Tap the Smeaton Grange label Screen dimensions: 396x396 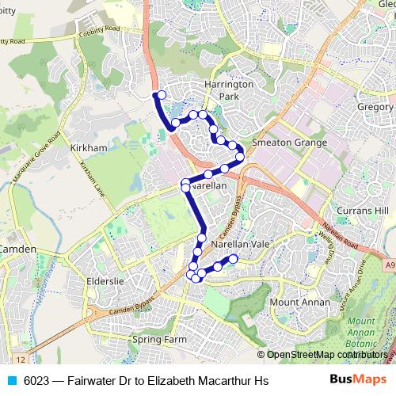(288, 143)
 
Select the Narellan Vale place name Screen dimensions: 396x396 (241, 246)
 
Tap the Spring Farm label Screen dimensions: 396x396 (157, 340)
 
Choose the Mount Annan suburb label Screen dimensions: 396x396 (295, 303)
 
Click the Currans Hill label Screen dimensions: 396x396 (361, 211)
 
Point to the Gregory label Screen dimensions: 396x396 (375, 107)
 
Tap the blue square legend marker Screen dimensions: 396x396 (12, 381)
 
